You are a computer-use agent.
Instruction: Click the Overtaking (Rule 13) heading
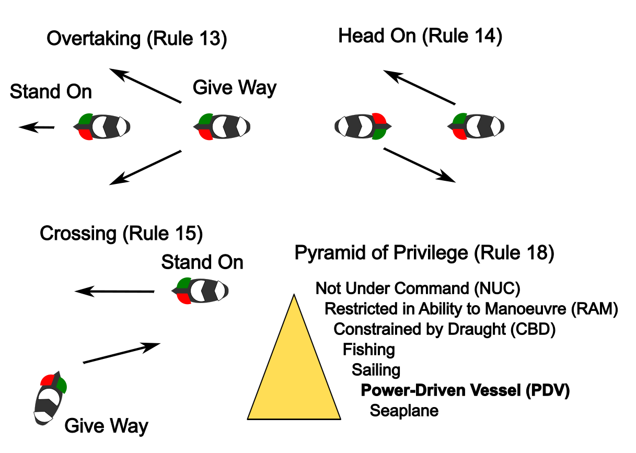[136, 39]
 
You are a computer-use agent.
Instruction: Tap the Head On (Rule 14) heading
[420, 37]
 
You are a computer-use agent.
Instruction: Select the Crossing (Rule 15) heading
[121, 234]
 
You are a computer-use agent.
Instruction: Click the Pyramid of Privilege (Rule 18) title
[424, 253]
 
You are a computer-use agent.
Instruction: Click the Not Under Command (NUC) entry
[418, 288]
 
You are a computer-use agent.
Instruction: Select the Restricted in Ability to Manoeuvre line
[471, 309]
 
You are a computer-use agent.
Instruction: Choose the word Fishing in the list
[368, 349]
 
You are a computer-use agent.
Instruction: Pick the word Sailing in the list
[376, 370]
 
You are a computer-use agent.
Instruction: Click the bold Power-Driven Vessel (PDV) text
[465, 390]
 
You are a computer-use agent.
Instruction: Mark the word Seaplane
[404, 411]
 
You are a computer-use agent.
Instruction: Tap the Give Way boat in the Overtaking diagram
[222, 126]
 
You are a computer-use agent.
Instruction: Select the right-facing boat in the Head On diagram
[363, 126]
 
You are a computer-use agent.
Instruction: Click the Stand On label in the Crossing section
[202, 262]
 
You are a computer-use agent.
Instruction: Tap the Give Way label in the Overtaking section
[235, 88]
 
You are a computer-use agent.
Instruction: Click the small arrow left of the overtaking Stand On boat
[37, 127]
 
